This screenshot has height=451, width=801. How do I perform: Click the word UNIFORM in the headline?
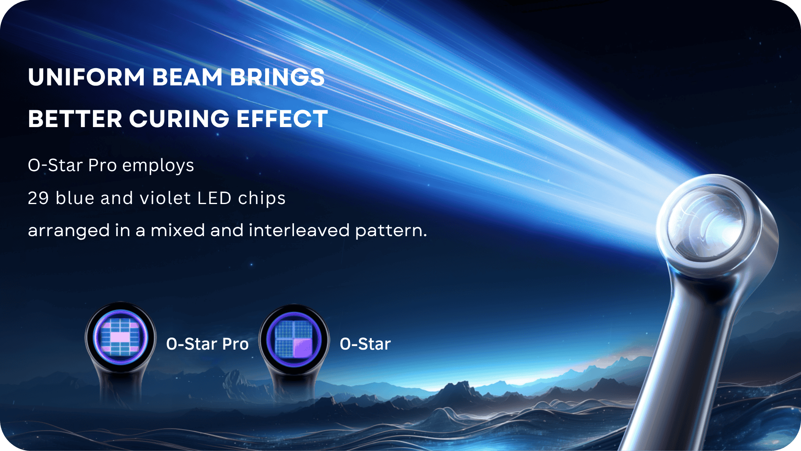coord(87,77)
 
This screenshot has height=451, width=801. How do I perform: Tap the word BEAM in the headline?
coord(187,77)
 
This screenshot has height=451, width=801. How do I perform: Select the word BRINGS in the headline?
coord(277,77)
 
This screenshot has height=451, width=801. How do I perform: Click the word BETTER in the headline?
coord(75,119)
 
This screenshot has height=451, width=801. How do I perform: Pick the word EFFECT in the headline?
coord(282,119)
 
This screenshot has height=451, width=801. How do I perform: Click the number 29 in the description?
coord(38,198)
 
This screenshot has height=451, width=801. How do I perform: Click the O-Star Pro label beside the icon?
coord(207,344)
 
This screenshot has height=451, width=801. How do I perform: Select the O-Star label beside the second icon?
coord(365,344)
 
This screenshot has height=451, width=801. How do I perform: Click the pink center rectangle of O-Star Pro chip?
coord(120,338)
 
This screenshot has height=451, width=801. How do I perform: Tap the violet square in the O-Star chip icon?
coord(303,348)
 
